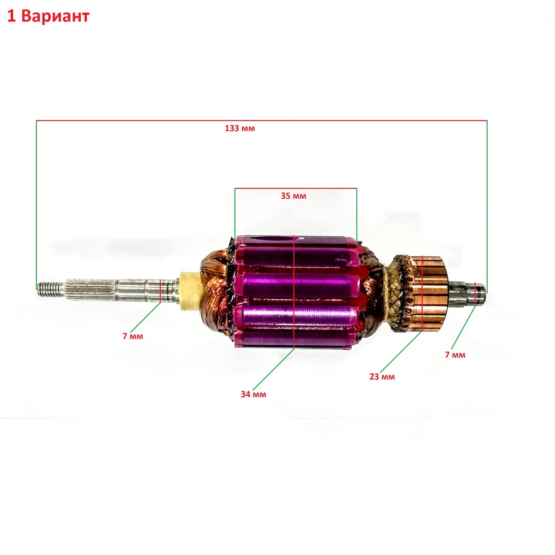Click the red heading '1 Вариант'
pos(48,16)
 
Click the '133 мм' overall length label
pos(240,128)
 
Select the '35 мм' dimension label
pos(293,196)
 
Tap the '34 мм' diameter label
pos(253,394)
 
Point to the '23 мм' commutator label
pos(382,377)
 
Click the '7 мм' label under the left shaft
pos(133,336)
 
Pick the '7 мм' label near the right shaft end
pos(455,355)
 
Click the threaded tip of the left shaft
pos(49,289)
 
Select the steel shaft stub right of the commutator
pos(467,290)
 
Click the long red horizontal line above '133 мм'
pos(262,121)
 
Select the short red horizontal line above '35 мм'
pos(296,189)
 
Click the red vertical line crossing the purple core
pos(293,292)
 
